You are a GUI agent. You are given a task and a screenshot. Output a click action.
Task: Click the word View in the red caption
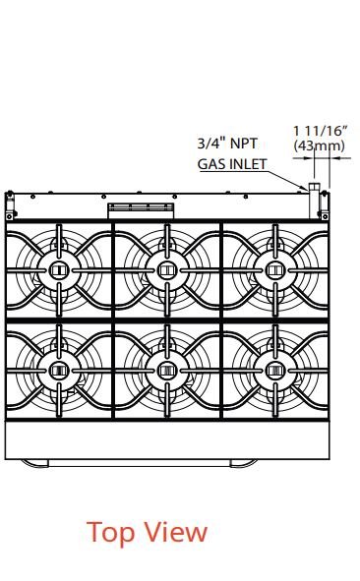(175, 532)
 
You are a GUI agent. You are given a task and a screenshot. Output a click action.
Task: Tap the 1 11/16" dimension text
(321, 131)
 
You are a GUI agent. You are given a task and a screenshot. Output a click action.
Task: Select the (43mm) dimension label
(320, 145)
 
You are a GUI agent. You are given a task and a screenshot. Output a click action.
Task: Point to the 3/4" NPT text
(227, 143)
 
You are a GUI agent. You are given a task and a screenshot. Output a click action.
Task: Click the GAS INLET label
(232, 164)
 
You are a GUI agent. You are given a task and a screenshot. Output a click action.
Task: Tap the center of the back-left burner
(59, 270)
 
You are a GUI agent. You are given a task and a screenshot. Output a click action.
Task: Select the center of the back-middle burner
(167, 270)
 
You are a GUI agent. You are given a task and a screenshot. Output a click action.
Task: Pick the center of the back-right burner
(275, 270)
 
